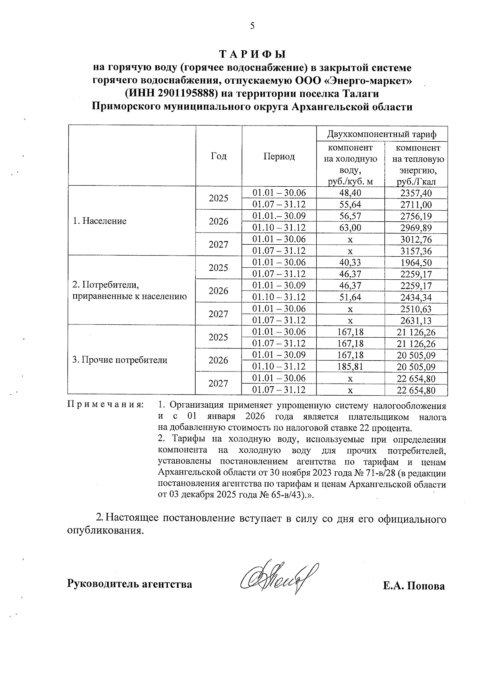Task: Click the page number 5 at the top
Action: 252,26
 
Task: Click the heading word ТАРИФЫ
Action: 252,54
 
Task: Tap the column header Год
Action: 219,156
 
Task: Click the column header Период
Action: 279,156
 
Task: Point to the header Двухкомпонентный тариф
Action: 382,134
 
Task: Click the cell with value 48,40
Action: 350,193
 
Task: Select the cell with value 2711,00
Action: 416,204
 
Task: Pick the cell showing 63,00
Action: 350,228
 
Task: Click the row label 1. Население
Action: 99,221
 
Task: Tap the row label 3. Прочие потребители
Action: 120,360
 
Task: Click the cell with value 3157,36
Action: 416,251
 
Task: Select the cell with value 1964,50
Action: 416,262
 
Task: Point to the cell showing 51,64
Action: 350,297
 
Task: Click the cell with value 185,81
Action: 350,367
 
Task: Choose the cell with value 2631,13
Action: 416,320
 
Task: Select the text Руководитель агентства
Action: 129,584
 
